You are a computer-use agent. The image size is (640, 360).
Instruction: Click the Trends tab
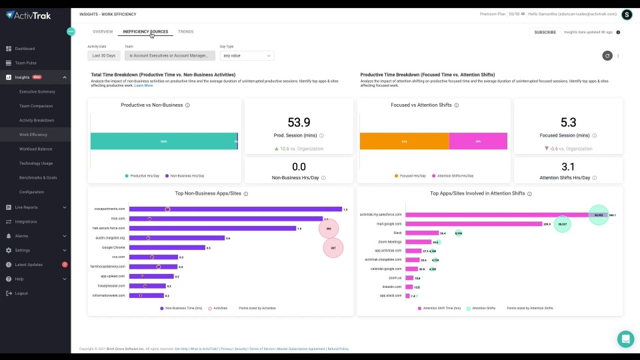185,31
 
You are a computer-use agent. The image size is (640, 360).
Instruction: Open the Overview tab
103,31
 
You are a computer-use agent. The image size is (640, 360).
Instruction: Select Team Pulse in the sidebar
25,63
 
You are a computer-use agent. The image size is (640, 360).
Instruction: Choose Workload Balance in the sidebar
35,149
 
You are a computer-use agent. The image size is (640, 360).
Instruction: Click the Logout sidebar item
21,293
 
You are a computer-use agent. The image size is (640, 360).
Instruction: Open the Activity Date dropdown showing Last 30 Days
104,56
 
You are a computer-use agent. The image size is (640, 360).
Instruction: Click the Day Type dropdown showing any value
246,56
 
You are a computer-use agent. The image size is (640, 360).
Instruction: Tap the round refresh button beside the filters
607,56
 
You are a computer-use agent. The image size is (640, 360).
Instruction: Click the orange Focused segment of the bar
404,141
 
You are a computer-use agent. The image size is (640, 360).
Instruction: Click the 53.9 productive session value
299,123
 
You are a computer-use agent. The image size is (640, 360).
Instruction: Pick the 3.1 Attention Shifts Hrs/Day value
568,167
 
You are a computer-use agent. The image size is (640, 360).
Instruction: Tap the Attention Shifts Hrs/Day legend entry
455,176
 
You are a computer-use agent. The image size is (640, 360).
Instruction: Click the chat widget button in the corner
625,339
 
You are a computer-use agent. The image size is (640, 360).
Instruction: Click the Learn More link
143,85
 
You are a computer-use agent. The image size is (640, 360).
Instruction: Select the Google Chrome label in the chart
113,247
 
